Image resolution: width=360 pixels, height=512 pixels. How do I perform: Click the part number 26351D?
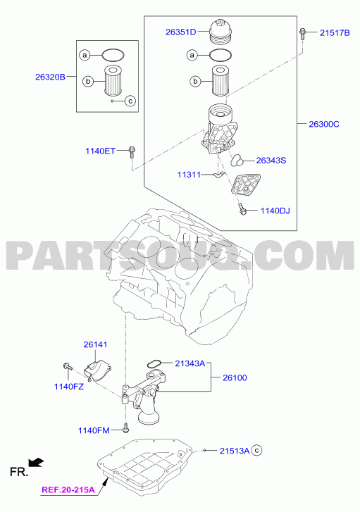coord(180,32)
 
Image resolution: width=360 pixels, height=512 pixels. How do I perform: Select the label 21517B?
coord(335,32)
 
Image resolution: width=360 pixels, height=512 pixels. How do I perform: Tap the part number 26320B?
coord(50,77)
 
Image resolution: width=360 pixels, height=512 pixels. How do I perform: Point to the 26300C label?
coord(324,124)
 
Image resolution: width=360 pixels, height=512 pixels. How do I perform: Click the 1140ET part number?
coord(100,151)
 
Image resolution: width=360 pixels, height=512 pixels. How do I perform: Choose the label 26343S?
coord(271,161)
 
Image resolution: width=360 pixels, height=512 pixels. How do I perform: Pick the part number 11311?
coord(189,175)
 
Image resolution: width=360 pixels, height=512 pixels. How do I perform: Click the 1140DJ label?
coord(275,211)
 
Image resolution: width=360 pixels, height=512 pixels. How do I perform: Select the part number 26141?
coord(95,344)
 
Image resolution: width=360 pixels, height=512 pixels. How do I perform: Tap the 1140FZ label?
coord(69,387)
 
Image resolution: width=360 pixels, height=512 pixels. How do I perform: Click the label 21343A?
coord(190,363)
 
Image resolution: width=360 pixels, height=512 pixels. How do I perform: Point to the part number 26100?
coord(235,377)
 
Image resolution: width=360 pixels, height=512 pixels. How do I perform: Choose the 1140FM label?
coord(94,430)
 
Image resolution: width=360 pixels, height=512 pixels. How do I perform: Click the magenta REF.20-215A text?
coord(68,489)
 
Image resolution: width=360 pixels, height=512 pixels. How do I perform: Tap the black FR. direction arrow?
coord(36,462)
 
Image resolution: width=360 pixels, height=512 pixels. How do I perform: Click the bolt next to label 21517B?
coord(302,34)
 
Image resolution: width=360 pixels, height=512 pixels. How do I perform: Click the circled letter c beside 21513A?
coord(257,451)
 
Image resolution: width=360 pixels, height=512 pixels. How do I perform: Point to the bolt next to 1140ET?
coord(132,152)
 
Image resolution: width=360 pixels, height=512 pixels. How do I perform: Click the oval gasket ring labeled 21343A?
coord(154,364)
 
